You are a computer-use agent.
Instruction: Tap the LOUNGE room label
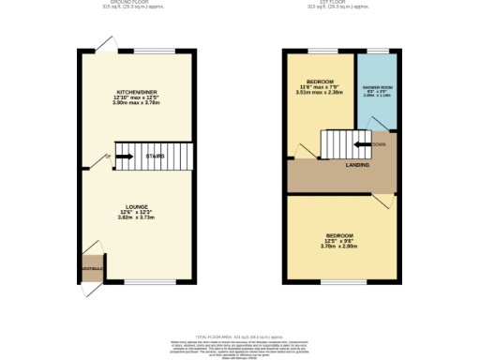tap(137, 205)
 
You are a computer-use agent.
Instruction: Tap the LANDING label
tap(356, 165)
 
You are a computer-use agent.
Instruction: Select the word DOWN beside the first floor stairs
tap(379, 144)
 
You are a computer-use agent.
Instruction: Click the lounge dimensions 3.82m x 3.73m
tap(137, 217)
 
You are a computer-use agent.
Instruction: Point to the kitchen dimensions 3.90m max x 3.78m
tap(137, 103)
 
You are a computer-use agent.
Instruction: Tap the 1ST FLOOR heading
tap(321, 2)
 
